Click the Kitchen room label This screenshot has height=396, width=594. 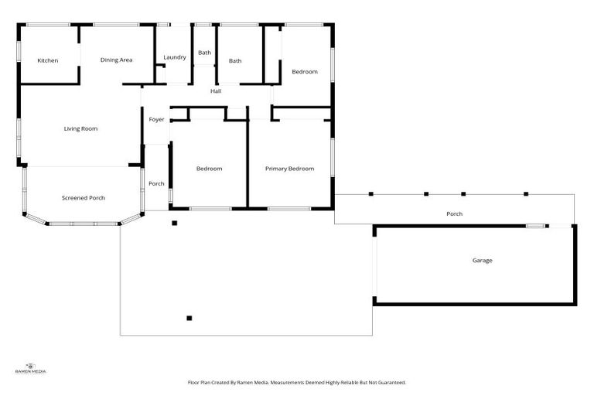tap(48, 60)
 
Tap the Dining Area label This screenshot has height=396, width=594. tap(116, 60)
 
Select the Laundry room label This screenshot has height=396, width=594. tap(175, 57)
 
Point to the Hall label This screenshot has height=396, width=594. tap(217, 92)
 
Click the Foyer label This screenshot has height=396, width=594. tap(156, 120)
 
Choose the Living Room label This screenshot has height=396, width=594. tap(80, 128)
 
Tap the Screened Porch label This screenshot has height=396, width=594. tap(84, 198)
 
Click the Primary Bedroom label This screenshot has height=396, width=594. tap(289, 169)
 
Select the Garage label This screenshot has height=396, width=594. tap(483, 261)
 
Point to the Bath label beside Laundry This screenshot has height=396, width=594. tap(204, 53)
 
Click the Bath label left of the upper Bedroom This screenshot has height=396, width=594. tap(235, 61)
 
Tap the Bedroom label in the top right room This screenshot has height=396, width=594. tap(304, 72)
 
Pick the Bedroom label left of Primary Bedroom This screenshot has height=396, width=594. tap(209, 169)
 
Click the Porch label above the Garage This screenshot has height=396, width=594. tap(455, 214)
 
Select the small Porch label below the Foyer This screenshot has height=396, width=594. tap(156, 184)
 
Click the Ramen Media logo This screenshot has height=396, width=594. tap(31, 368)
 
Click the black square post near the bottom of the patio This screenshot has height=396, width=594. tap(189, 318)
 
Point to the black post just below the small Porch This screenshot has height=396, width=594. tap(175, 224)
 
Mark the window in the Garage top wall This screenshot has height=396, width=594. tap(534, 226)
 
